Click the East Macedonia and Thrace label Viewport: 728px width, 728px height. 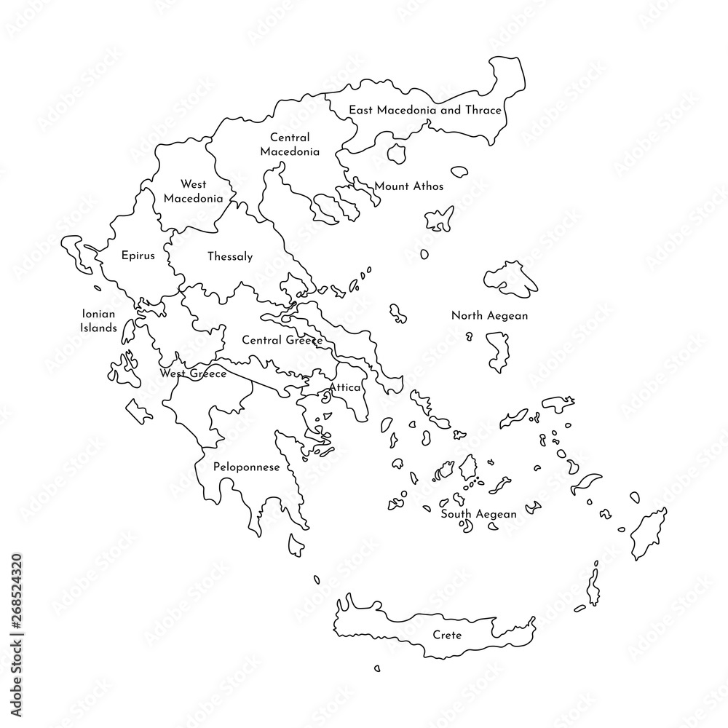pyautogui.click(x=424, y=111)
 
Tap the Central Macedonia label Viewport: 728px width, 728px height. pyautogui.click(x=290, y=145)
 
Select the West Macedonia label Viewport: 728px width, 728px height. pyautogui.click(x=194, y=191)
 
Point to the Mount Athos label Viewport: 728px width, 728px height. pyautogui.click(x=408, y=186)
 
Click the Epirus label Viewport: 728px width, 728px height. pyautogui.click(x=138, y=256)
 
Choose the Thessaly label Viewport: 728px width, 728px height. pyautogui.click(x=230, y=256)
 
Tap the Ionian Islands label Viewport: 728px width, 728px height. pyautogui.click(x=98, y=321)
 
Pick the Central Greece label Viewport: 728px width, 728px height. pyautogui.click(x=282, y=340)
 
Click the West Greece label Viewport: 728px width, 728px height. pyautogui.click(x=193, y=373)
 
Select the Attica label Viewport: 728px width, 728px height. pyautogui.click(x=345, y=388)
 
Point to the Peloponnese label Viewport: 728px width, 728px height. pyautogui.click(x=247, y=467)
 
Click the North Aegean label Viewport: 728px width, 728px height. pyautogui.click(x=489, y=316)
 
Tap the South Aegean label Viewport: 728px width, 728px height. pyautogui.click(x=478, y=514)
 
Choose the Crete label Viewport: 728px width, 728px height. pyautogui.click(x=447, y=635)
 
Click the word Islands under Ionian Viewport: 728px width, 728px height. pyautogui.click(x=98, y=328)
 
